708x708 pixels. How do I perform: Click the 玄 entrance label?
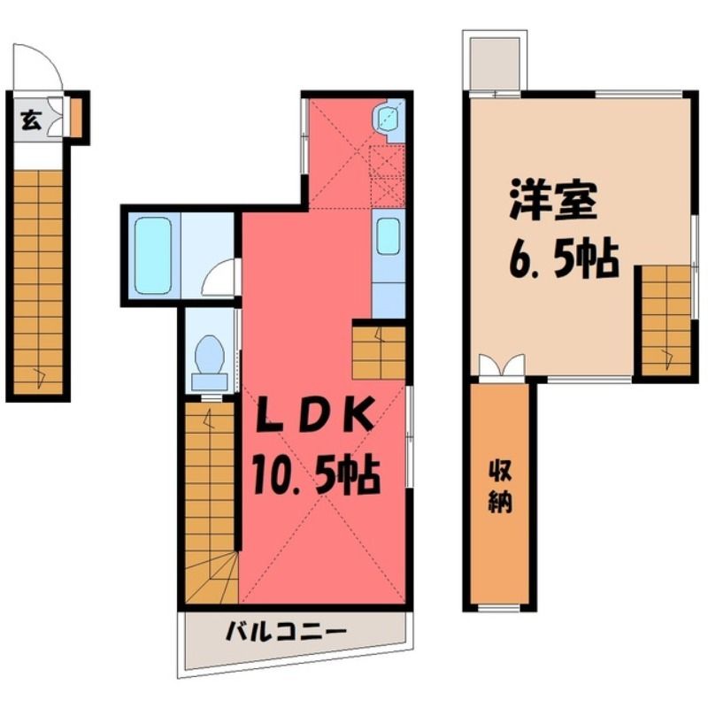point(31,120)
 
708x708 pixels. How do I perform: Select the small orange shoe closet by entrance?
point(76,118)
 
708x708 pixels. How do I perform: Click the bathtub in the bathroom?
point(153,255)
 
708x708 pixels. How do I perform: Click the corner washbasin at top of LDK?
point(387,119)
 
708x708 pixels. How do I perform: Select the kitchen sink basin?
point(388,236)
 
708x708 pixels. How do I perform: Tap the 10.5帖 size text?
point(317,475)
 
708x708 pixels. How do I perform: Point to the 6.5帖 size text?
point(564,260)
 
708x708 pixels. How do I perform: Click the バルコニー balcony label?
point(286,631)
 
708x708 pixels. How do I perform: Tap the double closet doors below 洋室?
point(502,365)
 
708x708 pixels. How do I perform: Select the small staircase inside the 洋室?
point(666,320)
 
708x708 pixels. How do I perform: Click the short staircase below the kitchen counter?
point(379,352)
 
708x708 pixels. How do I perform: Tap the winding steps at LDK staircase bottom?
point(212,579)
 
